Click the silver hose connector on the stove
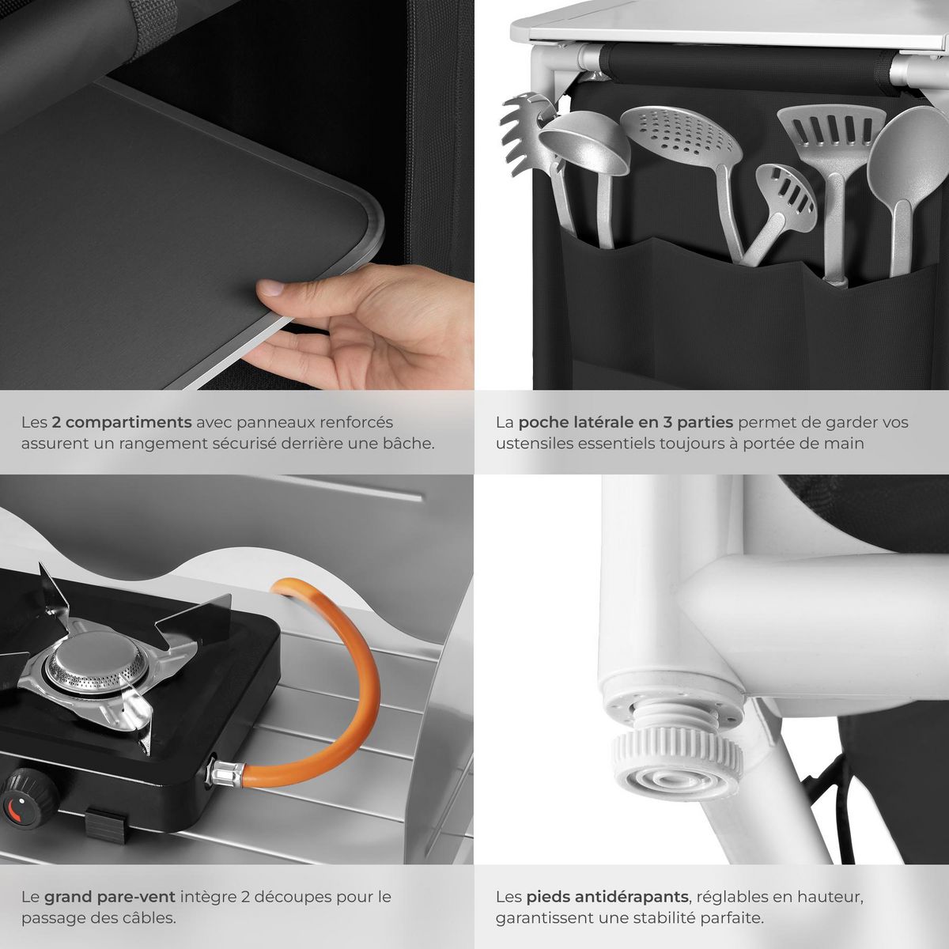[x=225, y=772]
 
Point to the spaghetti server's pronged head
[x=525, y=132]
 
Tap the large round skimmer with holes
[x=682, y=135]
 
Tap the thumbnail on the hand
[x=270, y=287]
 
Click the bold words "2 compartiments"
[x=121, y=422]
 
